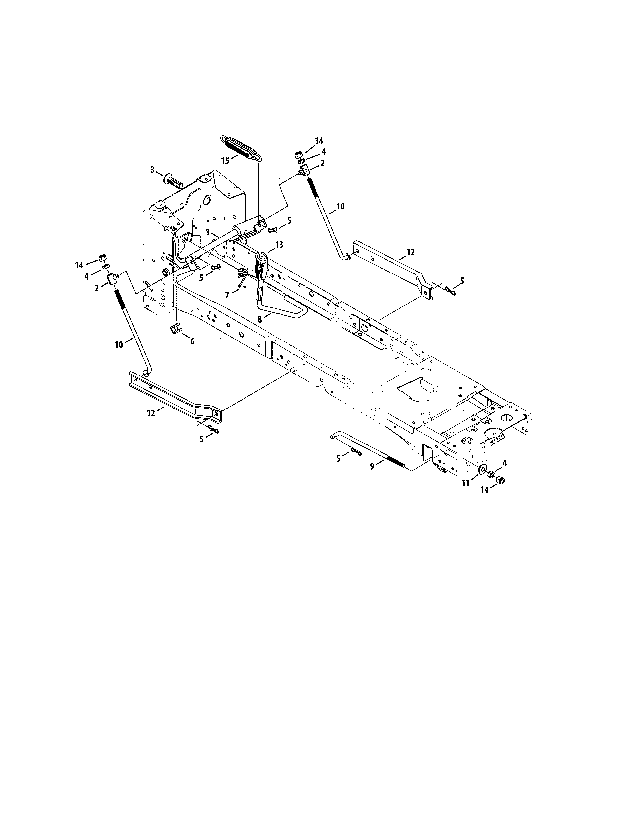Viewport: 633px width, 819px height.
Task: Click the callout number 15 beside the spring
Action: (225, 161)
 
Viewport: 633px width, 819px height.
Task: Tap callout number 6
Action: (192, 341)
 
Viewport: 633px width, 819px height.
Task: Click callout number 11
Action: (465, 483)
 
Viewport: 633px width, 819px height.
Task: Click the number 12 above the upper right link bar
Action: (411, 252)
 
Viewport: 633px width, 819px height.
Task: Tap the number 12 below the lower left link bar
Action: (151, 413)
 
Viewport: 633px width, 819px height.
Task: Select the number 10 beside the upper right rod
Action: (340, 206)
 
